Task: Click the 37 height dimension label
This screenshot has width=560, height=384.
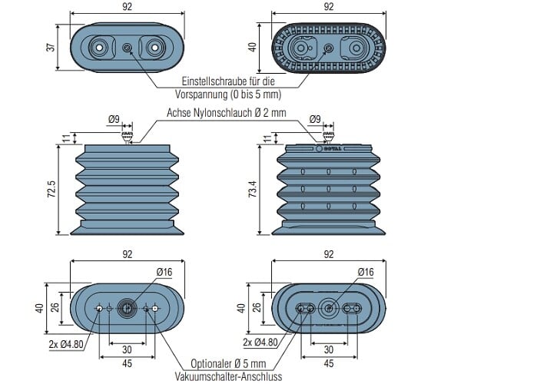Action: (x=51, y=47)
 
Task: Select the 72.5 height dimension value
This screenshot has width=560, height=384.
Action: (x=51, y=190)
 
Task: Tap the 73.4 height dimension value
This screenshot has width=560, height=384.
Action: (x=253, y=190)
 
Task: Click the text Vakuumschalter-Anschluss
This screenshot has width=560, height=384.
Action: (x=228, y=376)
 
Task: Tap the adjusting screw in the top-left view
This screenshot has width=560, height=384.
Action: (x=127, y=48)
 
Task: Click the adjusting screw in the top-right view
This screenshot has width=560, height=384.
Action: (x=329, y=48)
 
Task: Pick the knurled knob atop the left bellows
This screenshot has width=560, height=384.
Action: (x=128, y=136)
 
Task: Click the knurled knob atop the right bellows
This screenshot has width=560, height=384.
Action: (x=329, y=136)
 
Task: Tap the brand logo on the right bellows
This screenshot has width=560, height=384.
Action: (x=329, y=148)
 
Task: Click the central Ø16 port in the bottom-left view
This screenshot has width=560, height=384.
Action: (x=127, y=308)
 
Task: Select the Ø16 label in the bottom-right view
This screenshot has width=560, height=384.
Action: (x=366, y=272)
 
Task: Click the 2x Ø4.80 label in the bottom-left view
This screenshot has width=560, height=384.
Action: (x=66, y=344)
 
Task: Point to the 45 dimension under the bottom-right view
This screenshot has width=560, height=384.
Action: (x=329, y=363)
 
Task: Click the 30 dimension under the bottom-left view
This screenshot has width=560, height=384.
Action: (x=128, y=349)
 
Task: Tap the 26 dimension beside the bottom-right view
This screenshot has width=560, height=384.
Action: (x=256, y=307)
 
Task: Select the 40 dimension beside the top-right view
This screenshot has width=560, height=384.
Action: (x=253, y=47)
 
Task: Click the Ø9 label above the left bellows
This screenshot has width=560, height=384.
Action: (x=114, y=119)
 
